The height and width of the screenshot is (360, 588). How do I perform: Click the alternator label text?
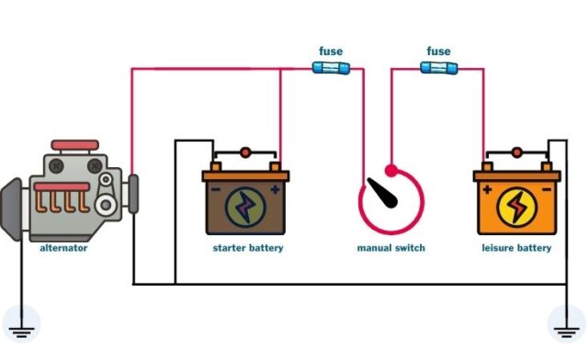tap(62, 248)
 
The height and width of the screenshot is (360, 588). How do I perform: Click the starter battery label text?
tap(248, 248)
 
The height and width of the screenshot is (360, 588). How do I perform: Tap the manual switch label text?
tap(391, 248)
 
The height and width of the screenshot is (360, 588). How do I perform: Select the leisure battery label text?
tap(516, 248)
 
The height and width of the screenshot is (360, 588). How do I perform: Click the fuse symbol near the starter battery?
tap(330, 68)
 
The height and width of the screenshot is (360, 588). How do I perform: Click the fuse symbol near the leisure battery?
tap(438, 68)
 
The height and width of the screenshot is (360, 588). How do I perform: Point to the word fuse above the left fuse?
tap(331, 51)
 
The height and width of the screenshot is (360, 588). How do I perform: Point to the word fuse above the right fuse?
tap(439, 51)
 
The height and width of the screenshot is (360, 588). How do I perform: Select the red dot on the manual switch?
tap(391, 170)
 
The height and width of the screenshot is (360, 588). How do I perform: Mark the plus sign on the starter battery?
tap(275, 190)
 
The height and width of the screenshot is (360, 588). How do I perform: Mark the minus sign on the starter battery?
tap(217, 190)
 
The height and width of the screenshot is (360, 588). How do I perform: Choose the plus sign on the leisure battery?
tap(487, 190)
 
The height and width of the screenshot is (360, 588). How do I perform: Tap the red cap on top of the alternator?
tap(75, 145)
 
